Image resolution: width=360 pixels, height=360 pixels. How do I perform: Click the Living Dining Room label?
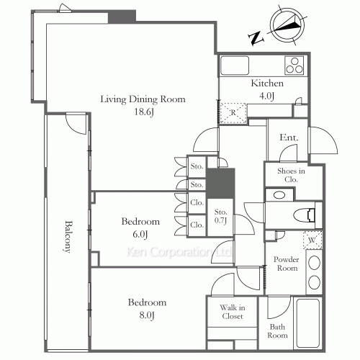(x=143, y=99)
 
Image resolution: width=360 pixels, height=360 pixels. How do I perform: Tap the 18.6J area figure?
(x=144, y=112)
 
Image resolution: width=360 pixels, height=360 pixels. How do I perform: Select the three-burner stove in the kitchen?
(x=294, y=66)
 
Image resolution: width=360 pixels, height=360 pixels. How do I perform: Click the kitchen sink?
(x=235, y=66)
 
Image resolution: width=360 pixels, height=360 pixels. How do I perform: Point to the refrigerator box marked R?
(x=233, y=113)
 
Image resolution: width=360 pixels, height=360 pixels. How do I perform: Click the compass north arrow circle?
(x=287, y=25)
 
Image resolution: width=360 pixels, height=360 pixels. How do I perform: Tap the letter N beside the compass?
(x=256, y=38)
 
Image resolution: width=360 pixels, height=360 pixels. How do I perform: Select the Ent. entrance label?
(x=289, y=138)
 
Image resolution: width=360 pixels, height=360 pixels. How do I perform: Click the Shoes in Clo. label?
(x=291, y=175)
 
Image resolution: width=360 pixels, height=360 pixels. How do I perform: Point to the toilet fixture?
(x=305, y=215)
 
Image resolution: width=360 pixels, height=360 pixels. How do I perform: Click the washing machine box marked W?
(x=312, y=240)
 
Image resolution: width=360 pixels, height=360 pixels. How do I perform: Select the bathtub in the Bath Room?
(x=308, y=323)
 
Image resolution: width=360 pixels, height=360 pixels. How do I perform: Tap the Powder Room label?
(x=287, y=264)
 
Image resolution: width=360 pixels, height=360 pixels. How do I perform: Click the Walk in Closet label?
(x=233, y=312)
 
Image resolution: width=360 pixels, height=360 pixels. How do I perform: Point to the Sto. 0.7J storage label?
(x=220, y=216)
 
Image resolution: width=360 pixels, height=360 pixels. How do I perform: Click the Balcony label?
(x=68, y=237)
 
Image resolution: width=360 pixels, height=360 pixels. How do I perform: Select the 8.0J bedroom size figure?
(x=147, y=315)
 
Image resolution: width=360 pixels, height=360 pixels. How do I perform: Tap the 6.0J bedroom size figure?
(x=140, y=234)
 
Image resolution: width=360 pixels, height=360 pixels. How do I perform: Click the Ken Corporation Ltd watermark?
(x=179, y=252)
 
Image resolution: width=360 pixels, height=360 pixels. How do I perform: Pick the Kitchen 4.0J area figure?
(x=266, y=96)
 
